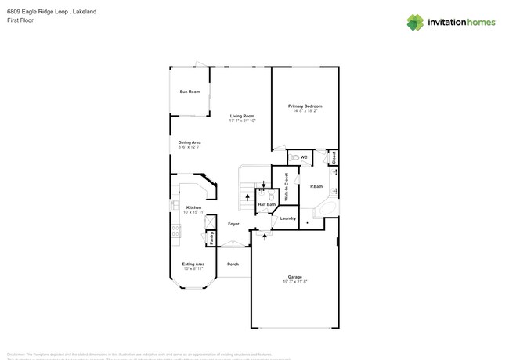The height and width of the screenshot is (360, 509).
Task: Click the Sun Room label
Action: tap(190, 92)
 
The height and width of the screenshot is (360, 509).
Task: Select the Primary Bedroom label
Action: tap(305, 106)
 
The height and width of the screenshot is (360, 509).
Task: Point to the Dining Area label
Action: tap(190, 142)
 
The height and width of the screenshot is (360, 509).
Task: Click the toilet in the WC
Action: tap(295, 157)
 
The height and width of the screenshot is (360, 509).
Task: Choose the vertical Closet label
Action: tap(333, 157)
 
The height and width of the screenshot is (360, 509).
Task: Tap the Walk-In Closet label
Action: tap(287, 187)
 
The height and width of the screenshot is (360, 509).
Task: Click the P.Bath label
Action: tap(316, 186)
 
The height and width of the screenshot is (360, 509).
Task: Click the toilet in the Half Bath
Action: tap(271, 196)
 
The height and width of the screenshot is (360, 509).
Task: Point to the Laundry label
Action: tap(288, 218)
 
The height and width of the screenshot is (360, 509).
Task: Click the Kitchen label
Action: tap(193, 207)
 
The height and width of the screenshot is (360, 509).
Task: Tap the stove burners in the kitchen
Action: tap(176, 230)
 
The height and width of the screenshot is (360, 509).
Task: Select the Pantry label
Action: tap(211, 236)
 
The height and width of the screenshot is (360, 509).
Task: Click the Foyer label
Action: tap(233, 224)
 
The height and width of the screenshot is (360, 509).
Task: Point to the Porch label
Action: tap(233, 265)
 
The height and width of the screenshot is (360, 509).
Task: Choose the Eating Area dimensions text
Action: tap(193, 268)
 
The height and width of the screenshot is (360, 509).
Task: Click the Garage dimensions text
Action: tap(294, 281)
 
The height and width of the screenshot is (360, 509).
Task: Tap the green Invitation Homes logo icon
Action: tap(415, 23)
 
